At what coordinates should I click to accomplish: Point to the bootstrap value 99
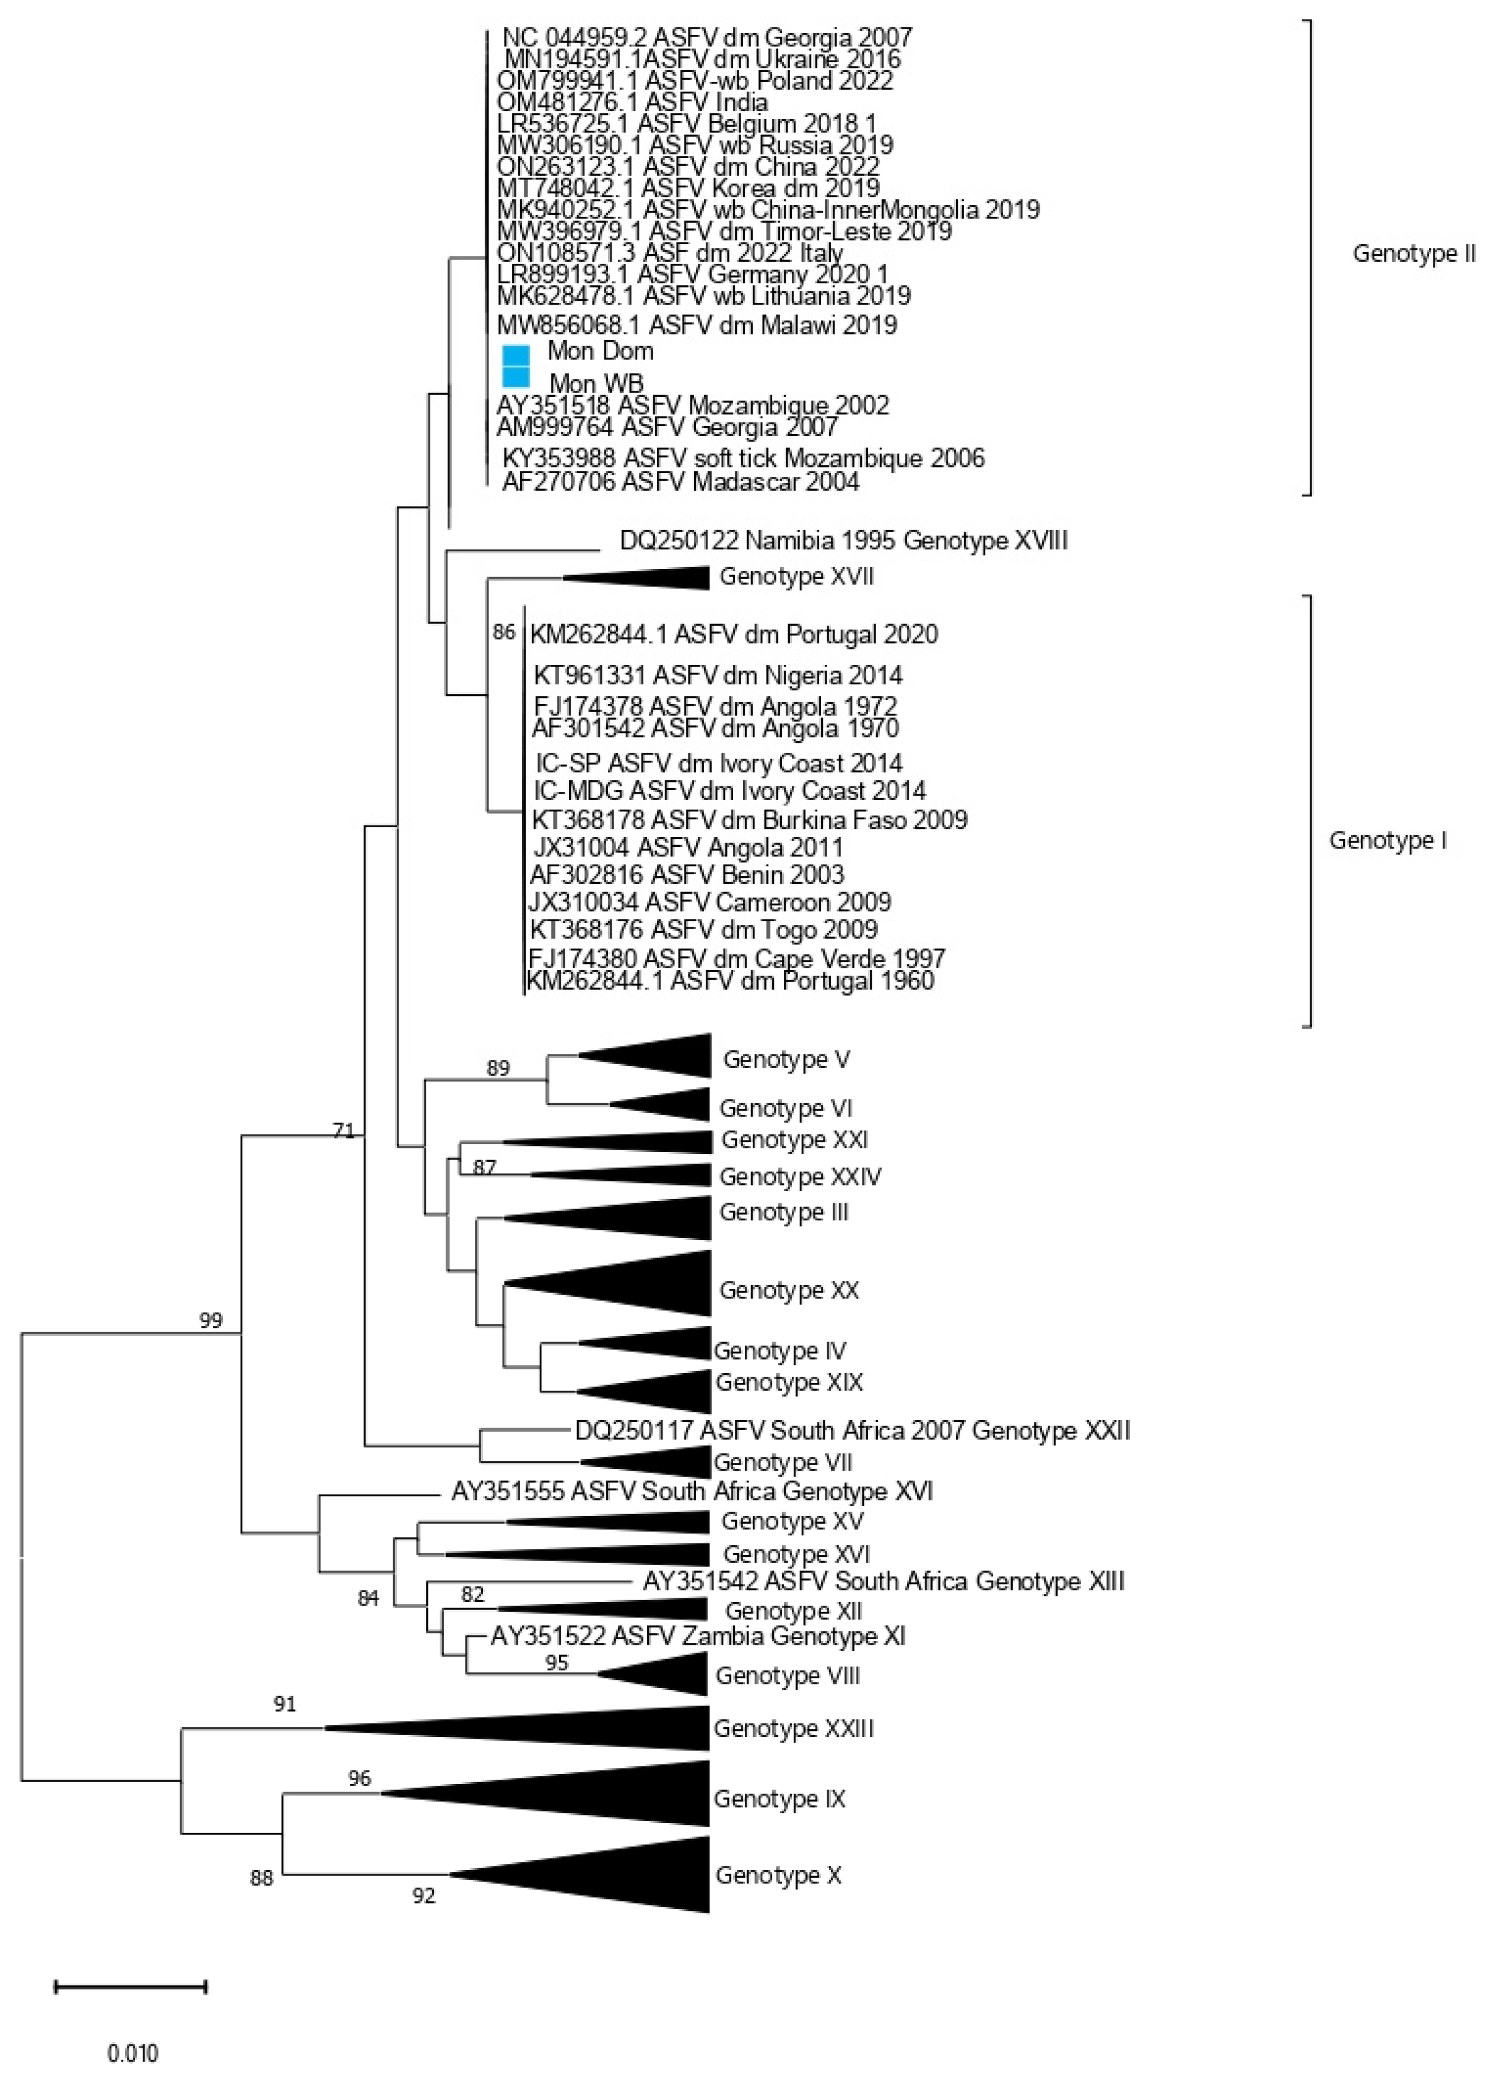211,1321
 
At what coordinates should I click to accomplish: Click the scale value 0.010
133,2053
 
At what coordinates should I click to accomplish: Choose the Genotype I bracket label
1387,841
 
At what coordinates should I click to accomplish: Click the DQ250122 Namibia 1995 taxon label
843,540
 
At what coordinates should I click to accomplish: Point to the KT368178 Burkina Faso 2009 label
748,820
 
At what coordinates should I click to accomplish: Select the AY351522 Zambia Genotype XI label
697,1637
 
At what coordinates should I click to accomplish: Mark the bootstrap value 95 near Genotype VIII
556,1662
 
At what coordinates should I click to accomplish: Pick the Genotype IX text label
778,1799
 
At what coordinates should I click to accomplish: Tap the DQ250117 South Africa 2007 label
852,1431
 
